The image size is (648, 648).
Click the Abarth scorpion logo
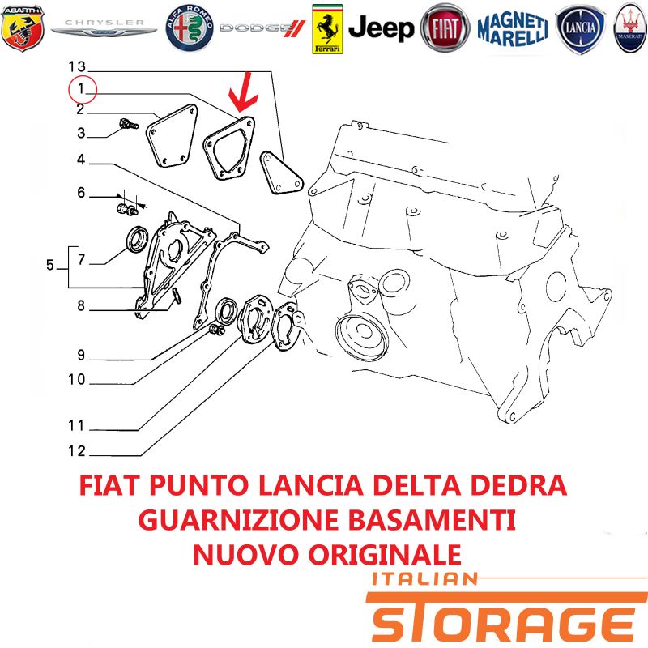(23, 28)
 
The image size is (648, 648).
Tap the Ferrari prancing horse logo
(327, 29)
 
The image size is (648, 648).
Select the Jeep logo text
(381, 28)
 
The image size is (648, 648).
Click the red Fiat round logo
(445, 28)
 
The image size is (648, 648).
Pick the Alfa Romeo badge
(190, 28)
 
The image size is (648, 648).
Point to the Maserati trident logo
(630, 28)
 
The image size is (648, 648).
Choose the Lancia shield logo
(580, 29)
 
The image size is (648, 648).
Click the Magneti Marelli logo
(513, 29)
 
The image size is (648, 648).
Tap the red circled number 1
(83, 89)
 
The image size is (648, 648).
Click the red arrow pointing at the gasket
(243, 93)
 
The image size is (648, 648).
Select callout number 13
(77, 66)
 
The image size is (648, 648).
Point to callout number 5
(50, 265)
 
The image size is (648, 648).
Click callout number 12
(77, 451)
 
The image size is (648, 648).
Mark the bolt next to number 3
(129, 124)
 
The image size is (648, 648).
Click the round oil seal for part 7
(138, 239)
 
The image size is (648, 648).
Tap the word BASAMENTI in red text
(432, 520)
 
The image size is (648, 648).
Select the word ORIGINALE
(385, 555)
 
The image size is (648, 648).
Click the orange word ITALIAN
(424, 579)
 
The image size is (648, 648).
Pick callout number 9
(81, 355)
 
